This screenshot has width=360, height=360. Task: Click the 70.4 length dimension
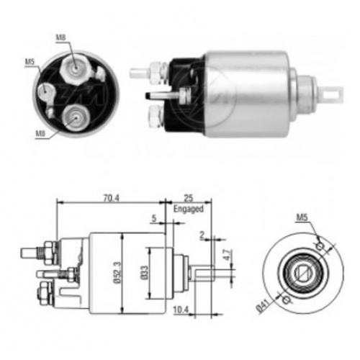pyautogui.click(x=112, y=198)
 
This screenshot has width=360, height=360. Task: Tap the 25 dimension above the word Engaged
pyautogui.click(x=189, y=198)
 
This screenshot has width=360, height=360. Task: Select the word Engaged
pyautogui.click(x=189, y=209)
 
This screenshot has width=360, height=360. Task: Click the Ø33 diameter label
pyautogui.click(x=145, y=273)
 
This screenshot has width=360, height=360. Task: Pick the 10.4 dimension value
pyautogui.click(x=181, y=310)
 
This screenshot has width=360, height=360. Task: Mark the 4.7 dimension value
pyautogui.click(x=227, y=255)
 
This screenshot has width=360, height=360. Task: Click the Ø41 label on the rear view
pyautogui.click(x=264, y=305)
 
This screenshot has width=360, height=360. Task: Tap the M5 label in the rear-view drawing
pyautogui.click(x=302, y=217)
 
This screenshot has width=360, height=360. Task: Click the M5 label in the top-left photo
pyautogui.click(x=30, y=62)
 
